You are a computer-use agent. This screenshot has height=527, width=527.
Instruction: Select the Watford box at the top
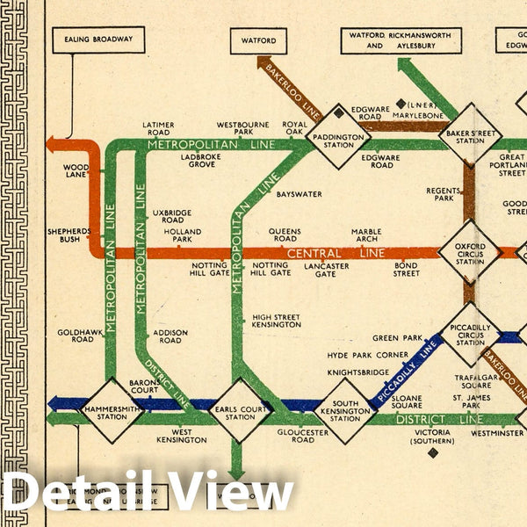click(258, 40)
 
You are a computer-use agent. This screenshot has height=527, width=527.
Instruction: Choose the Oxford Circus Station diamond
click(469, 251)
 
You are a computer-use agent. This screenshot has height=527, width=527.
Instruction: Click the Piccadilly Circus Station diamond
click(471, 334)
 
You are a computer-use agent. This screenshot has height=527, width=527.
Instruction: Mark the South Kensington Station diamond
click(344, 411)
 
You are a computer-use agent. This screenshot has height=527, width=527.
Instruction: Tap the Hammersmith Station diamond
click(111, 411)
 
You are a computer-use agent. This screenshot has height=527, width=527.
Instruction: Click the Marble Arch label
click(366, 236)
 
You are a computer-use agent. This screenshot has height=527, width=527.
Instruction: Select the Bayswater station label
click(299, 194)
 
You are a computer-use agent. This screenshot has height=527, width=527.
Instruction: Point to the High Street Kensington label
click(276, 321)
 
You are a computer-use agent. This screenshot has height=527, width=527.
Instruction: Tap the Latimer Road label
click(157, 128)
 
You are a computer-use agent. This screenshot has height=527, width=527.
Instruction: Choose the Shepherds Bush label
click(69, 235)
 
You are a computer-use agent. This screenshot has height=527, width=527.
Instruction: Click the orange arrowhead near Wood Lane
click(52, 145)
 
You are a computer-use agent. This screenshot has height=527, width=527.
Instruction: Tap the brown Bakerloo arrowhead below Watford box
click(263, 62)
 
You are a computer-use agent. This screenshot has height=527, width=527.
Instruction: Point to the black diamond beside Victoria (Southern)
click(432, 453)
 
